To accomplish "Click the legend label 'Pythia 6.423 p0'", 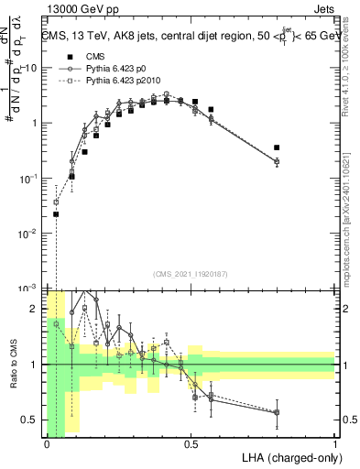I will tap(119, 69).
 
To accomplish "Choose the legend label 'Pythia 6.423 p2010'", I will tap(126, 82).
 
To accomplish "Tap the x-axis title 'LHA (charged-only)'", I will tap(289, 455).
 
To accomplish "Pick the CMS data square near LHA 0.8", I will tap(277, 147).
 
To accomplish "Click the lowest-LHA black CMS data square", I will tap(56, 214).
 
